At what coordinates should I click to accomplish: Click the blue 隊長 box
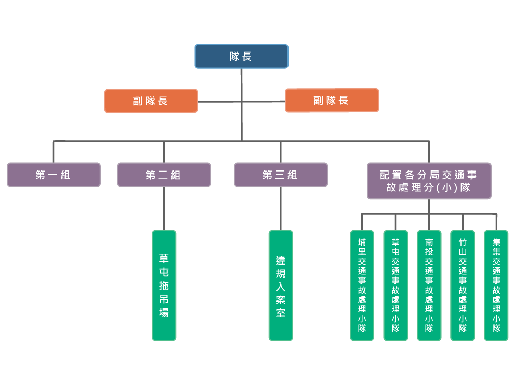click(x=241, y=56)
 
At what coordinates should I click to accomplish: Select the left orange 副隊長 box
click(x=151, y=101)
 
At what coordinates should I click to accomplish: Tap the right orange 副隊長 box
click(x=332, y=100)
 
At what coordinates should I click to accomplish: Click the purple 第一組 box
click(x=53, y=175)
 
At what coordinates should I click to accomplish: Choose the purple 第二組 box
click(x=164, y=175)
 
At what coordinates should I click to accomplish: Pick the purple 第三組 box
click(x=280, y=175)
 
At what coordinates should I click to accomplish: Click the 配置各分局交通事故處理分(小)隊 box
click(x=429, y=181)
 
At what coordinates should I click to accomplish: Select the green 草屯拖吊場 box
click(x=164, y=285)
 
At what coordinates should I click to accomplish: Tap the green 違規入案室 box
click(x=281, y=285)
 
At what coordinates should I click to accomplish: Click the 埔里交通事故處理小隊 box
click(x=362, y=285)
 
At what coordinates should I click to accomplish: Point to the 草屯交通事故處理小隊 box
click(x=395, y=285)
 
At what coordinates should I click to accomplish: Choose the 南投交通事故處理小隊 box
click(x=429, y=285)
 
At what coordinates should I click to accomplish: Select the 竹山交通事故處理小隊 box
click(x=463, y=285)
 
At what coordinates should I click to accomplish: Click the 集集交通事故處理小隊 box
click(x=496, y=285)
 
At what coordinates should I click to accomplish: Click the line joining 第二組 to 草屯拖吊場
click(x=164, y=209)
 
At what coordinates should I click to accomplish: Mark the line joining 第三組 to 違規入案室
click(x=281, y=209)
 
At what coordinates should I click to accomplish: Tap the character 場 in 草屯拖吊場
click(x=164, y=312)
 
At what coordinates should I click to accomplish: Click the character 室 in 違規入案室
click(x=281, y=312)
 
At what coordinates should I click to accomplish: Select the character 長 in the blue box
click(x=247, y=56)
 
